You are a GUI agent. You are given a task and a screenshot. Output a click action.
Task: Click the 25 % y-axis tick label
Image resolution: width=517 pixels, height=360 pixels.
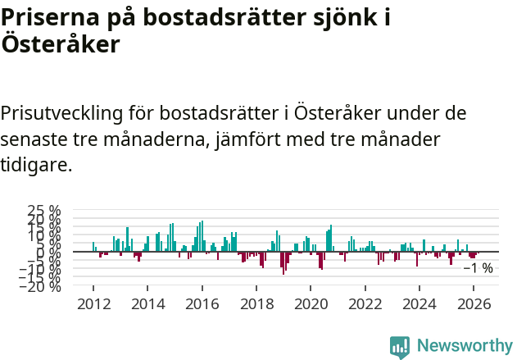tap(44, 212)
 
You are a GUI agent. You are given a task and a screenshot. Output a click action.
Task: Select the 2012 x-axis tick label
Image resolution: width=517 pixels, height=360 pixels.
tap(93, 304)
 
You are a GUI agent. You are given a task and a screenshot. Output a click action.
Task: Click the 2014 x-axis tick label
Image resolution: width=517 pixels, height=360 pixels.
tap(147, 304)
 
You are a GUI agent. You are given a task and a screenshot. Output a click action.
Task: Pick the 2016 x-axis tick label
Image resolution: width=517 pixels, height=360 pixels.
tap(202, 304)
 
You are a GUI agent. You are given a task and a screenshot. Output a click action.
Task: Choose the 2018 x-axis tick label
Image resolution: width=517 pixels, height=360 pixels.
tap(256, 304)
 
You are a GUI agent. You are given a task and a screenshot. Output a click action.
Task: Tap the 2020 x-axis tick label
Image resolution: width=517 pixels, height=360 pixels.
tap(311, 304)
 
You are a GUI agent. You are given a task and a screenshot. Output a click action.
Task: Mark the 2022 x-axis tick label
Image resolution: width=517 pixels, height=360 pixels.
tap(365, 304)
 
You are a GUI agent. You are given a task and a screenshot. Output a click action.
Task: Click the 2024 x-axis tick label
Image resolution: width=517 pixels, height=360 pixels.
tap(419, 304)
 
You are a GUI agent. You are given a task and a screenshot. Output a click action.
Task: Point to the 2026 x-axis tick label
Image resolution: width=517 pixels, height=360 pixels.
tap(474, 304)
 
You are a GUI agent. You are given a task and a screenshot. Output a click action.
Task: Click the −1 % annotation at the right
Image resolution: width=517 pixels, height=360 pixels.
tap(478, 268)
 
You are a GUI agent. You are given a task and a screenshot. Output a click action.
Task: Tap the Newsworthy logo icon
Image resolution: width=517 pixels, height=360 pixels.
tap(400, 346)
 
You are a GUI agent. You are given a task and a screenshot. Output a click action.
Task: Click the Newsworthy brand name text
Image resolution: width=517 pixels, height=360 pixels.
tap(464, 346)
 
